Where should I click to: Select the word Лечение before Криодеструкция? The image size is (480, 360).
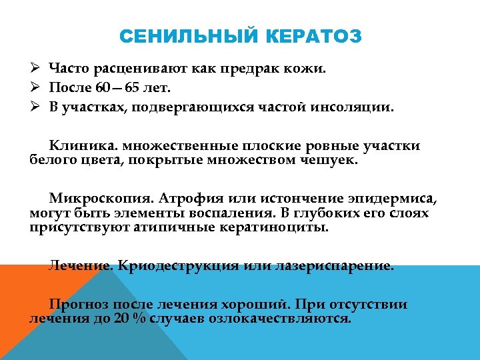coord(81,265)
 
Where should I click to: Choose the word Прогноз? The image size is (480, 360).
coord(79,305)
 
